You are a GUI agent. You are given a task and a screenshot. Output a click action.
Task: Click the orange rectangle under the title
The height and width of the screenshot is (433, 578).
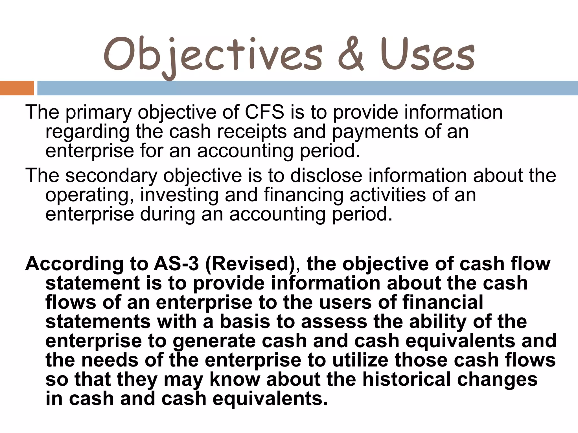click(x=17, y=88)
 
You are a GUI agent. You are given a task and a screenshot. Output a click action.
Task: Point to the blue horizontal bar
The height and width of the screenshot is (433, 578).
click(x=307, y=88)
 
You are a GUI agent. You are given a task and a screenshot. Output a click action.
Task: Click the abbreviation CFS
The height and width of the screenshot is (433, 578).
click(x=264, y=112)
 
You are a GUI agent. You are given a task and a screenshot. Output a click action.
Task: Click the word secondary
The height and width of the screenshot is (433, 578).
click(x=111, y=176)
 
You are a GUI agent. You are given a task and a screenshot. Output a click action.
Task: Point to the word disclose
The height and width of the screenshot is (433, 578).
click(x=326, y=175)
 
